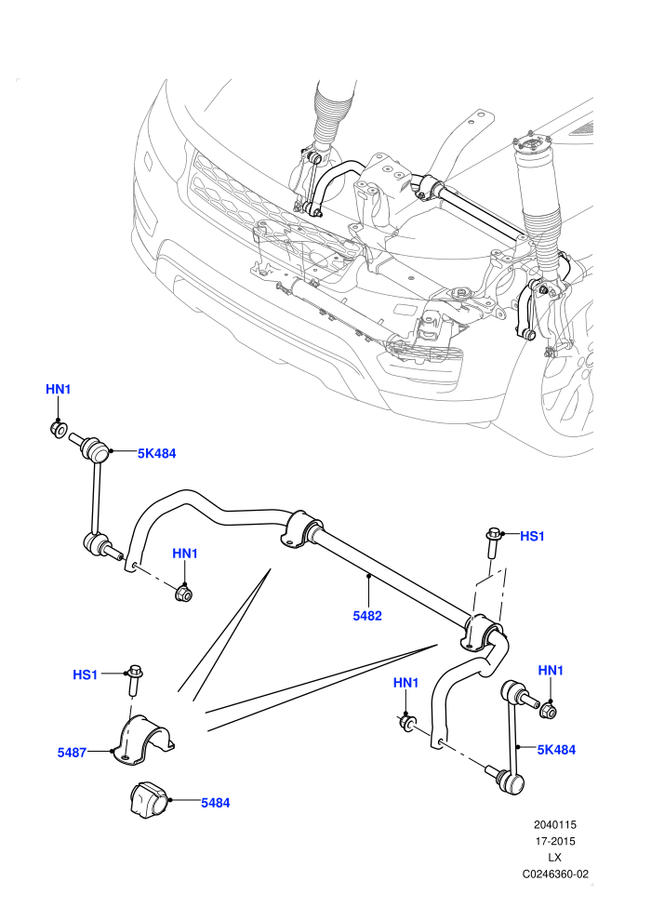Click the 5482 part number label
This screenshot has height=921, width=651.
pyautogui.click(x=366, y=616)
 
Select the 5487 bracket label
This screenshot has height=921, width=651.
pyautogui.click(x=73, y=752)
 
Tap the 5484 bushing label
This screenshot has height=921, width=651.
pyautogui.click(x=216, y=802)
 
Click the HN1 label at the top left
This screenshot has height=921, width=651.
pyautogui.click(x=58, y=389)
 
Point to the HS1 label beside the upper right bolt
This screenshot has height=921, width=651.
pyautogui.click(x=532, y=536)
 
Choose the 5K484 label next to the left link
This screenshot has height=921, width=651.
pyautogui.click(x=157, y=453)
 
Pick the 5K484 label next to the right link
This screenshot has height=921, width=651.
pyautogui.click(x=556, y=749)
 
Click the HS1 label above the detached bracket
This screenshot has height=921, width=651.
pyautogui.click(x=86, y=674)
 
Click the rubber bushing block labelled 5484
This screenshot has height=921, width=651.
pyautogui.click(x=150, y=799)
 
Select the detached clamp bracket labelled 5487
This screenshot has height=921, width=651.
pyautogui.click(x=143, y=740)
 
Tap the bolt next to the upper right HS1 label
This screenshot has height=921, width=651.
pyautogui.click(x=492, y=544)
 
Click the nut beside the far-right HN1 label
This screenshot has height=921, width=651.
pyautogui.click(x=548, y=710)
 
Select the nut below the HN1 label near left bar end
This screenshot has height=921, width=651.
pyautogui.click(x=184, y=593)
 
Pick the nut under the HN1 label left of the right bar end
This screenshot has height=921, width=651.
pyautogui.click(x=406, y=723)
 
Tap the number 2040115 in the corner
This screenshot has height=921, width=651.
pyautogui.click(x=554, y=824)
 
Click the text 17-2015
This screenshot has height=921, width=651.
pyautogui.click(x=554, y=841)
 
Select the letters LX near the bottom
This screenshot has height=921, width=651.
pyautogui.click(x=554, y=858)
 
